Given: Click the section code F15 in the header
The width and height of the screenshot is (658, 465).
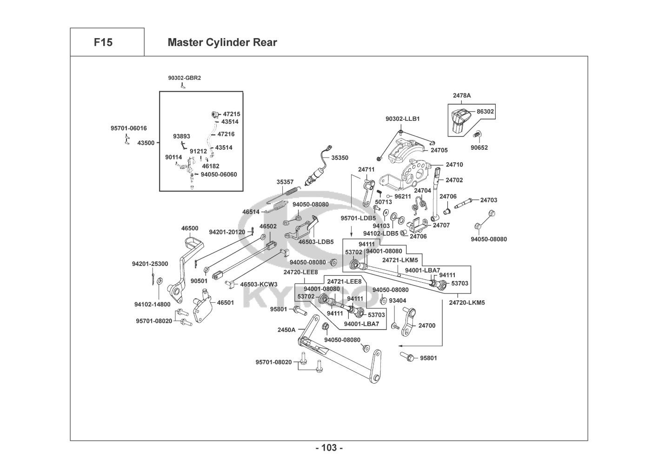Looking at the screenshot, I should tap(103, 42).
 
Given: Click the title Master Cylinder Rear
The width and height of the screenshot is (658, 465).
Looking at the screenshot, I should tap(222, 42).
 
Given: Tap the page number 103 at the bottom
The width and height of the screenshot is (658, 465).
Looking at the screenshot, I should tap(329, 448).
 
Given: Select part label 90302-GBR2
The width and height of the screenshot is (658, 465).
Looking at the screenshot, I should tap(185, 78).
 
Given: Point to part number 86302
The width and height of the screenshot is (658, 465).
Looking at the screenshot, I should tap(485, 112).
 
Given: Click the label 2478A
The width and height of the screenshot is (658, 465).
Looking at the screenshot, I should tap(462, 95).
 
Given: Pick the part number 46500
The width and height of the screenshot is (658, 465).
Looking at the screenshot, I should tap(190, 228).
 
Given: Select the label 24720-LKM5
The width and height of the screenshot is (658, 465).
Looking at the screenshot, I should tap(467, 303).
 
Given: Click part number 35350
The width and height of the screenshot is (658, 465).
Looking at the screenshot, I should tap(339, 158).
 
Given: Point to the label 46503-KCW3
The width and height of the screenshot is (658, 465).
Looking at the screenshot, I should tap(259, 284).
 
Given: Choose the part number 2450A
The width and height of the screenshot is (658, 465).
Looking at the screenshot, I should tap(286, 330).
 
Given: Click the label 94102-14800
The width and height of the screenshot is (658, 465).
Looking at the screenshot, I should tap(153, 305).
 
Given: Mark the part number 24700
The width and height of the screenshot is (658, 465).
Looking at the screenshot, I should tap(427, 325).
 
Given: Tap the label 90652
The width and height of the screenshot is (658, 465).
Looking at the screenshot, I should tap(479, 148).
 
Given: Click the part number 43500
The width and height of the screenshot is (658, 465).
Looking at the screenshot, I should tap(146, 143).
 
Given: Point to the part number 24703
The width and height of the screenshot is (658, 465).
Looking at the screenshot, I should tap(489, 200).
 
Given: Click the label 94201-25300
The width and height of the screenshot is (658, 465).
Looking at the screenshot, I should tap(150, 264).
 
